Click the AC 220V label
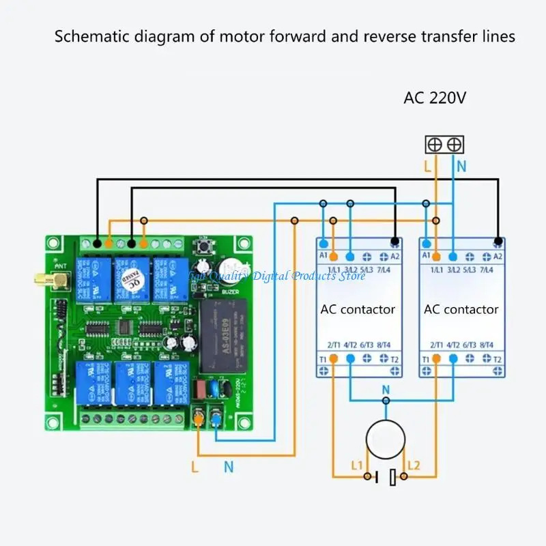(435, 98)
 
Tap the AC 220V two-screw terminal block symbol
(444, 145)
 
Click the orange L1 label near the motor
(357, 465)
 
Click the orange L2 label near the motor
(414, 465)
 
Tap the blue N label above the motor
(386, 390)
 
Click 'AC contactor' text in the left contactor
(358, 309)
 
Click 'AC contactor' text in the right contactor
(461, 309)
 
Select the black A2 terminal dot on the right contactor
(498, 242)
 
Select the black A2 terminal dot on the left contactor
(394, 242)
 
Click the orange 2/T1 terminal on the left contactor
(334, 358)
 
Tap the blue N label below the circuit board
(229, 467)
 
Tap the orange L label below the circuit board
(195, 467)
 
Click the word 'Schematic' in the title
(88, 37)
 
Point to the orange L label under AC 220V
(427, 166)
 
